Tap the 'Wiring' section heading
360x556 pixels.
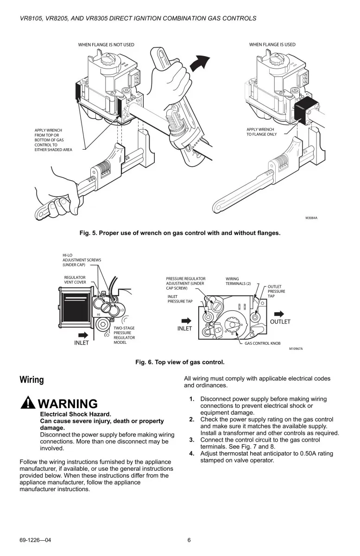(x=32, y=380)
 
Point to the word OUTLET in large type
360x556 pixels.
(x=280, y=322)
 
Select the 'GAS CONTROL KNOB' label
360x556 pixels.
(x=264, y=344)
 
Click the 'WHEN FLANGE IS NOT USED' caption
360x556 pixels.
(x=106, y=44)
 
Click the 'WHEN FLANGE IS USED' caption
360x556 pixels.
(x=272, y=44)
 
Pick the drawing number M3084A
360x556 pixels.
(x=311, y=217)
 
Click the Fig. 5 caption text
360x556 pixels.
(x=180, y=233)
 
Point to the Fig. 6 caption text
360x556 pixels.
(x=180, y=362)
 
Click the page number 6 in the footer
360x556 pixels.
(x=189, y=540)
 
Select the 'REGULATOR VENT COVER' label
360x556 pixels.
(x=75, y=280)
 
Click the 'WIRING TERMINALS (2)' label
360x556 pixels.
(x=240, y=281)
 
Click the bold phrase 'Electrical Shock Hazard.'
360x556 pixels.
(x=76, y=414)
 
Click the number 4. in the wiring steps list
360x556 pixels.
(x=191, y=453)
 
